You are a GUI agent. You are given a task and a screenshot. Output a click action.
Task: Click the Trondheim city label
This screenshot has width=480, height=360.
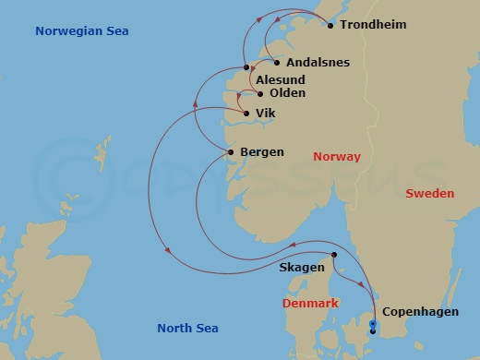coord(373,25)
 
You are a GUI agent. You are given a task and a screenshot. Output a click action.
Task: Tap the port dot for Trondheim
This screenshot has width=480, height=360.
coord(330,25)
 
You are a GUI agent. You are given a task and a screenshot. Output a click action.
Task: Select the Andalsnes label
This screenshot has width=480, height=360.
coord(318,63)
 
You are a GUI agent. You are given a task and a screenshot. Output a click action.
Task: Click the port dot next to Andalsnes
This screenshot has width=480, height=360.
coord(277,62)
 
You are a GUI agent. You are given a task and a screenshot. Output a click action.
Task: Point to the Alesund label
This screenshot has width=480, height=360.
coord(281,79)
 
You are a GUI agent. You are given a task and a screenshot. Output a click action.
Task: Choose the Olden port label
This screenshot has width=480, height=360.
coord(287,93)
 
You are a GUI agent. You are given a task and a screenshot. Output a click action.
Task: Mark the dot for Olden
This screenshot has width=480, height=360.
coord(260,93)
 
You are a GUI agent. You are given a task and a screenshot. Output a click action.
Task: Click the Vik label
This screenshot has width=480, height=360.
coord(265,114)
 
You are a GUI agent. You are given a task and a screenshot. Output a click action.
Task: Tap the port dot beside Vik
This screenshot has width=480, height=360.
coord(246,114)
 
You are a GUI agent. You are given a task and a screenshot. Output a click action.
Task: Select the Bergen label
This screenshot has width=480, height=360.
coord(261,151)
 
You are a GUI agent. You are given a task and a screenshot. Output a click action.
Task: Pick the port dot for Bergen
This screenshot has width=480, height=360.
coord(230,151)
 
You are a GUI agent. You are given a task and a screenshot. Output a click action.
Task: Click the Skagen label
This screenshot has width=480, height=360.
coord(301,268)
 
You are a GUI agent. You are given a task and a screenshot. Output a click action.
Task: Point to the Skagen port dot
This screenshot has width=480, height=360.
coord(333,255)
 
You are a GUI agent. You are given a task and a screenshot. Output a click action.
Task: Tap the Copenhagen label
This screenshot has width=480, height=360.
coord(420,312)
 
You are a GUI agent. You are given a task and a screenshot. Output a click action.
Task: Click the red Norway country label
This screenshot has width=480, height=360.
coord(337,157)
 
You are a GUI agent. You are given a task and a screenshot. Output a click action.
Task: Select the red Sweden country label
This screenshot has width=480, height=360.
coord(430,194)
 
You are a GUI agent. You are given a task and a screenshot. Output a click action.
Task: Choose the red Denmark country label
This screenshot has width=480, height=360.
coord(309,304)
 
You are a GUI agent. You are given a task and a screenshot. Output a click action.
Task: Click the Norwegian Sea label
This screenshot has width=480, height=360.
coord(81,31)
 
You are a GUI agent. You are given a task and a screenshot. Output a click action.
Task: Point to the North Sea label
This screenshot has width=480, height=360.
coord(187,328)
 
